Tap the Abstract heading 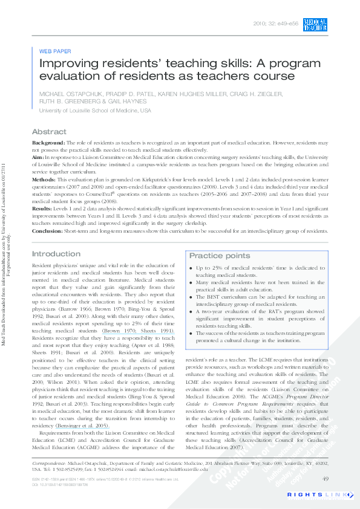point(49,132)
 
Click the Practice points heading point(219,256)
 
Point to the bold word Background point(48,142)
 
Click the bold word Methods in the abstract point(44,180)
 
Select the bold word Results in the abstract point(43,207)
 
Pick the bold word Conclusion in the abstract point(47,230)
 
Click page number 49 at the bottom point(325,479)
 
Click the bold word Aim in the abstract point(38,157)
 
